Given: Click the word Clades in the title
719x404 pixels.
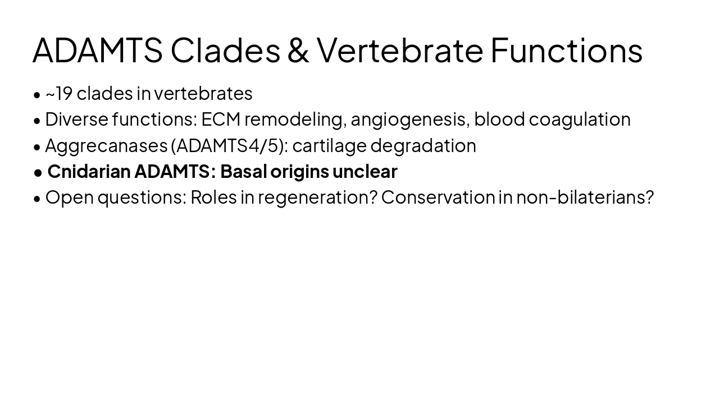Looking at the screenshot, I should (225, 50).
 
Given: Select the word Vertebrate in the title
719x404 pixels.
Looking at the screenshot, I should (399, 50).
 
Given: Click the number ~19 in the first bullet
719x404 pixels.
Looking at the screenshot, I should (59, 93).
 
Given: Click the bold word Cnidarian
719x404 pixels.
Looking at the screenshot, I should (89, 171).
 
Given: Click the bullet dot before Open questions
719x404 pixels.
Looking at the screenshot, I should (37, 198).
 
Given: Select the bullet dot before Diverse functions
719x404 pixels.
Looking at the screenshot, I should (37, 120).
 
